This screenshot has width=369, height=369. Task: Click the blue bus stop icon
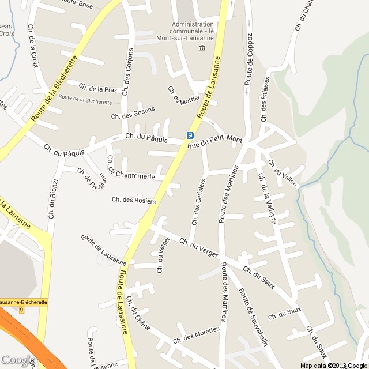click(x=189, y=135)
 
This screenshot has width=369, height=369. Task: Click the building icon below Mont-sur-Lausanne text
click(x=202, y=47)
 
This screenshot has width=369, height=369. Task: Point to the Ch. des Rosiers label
click(x=134, y=200)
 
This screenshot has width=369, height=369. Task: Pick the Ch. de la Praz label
click(x=98, y=88)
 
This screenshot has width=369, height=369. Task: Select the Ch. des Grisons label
click(x=133, y=113)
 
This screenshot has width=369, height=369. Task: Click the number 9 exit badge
click(x=21, y=310)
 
